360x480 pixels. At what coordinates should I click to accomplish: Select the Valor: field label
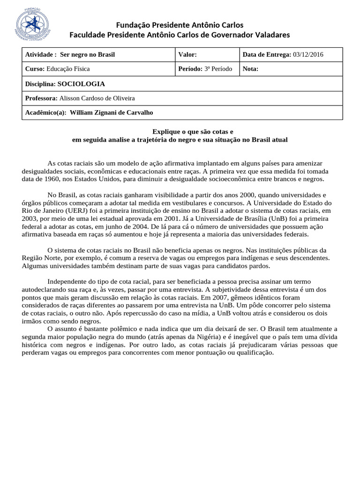187,55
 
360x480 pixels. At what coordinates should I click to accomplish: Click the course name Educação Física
68,69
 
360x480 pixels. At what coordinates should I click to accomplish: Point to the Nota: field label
250,69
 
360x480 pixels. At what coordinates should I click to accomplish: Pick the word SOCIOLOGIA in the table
81,84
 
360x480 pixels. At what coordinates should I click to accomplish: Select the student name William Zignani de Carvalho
111,112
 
